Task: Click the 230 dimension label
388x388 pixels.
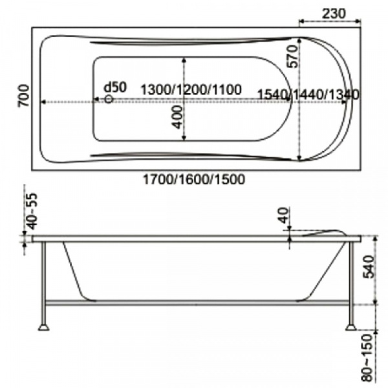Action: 333,14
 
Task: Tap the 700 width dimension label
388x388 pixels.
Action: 24,96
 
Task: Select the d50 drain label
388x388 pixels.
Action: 115,87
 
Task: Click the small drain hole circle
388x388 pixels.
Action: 109,99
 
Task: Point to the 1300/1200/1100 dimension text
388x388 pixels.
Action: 191,90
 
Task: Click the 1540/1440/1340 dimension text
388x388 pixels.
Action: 308,94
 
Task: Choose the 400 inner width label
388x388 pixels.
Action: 177,117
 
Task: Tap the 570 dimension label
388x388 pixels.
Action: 293,56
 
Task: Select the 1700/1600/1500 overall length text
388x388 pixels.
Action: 194,179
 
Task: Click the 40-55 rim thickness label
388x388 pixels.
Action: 32,211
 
